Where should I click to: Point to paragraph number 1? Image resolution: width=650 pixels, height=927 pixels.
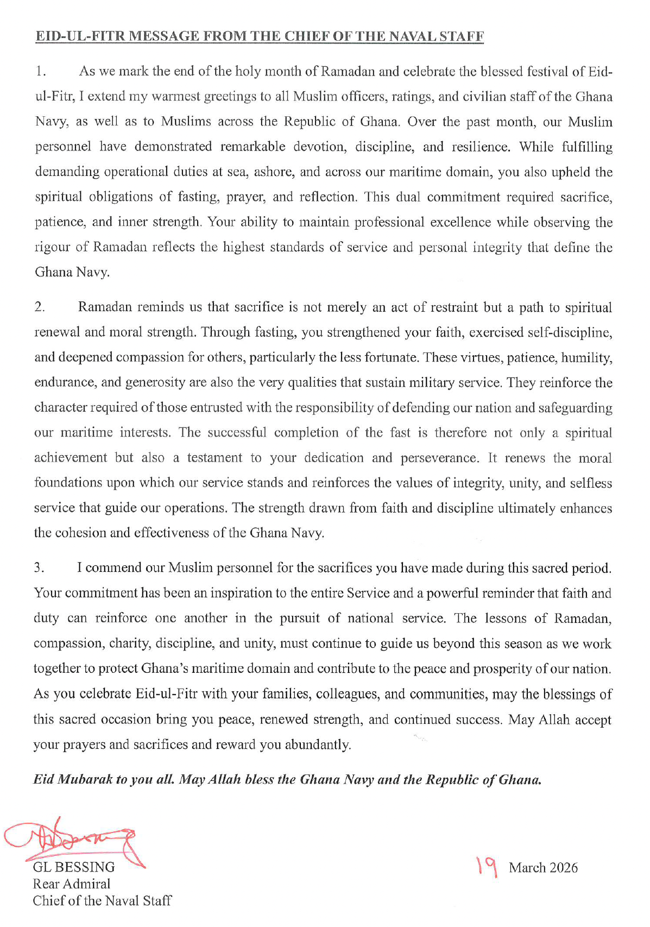40,72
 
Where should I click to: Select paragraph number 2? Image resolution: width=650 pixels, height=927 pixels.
39,307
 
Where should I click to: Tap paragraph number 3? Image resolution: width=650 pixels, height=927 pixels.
39,568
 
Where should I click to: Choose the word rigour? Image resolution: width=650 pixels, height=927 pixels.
52,247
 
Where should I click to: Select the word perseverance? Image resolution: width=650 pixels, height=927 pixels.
439,458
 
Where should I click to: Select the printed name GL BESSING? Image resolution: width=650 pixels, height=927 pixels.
74,867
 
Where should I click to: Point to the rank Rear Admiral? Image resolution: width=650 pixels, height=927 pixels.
71,884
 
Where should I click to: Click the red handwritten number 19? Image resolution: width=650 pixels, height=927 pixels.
487,867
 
